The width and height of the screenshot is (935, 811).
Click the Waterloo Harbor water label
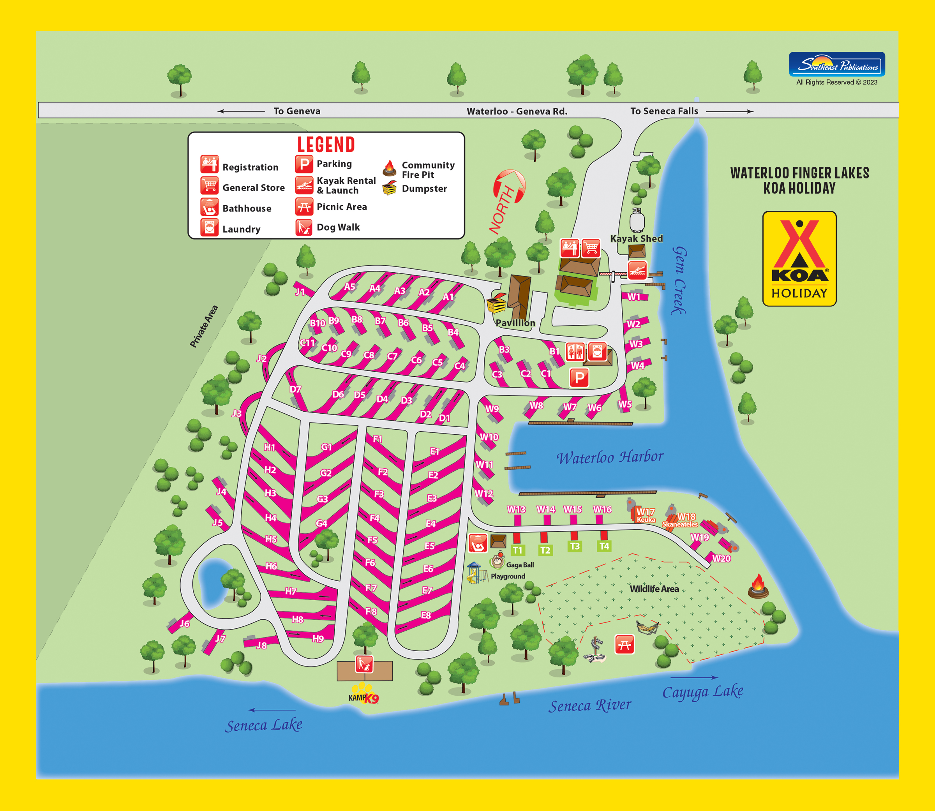(x=610, y=457)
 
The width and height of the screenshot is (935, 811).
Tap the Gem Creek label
(x=678, y=280)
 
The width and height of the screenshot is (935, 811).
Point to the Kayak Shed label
(x=636, y=238)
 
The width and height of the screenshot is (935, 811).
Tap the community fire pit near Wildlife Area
(x=758, y=586)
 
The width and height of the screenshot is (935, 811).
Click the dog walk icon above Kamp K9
(x=364, y=664)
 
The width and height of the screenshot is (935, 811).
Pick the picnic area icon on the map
(x=624, y=644)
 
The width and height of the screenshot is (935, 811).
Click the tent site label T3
(x=574, y=546)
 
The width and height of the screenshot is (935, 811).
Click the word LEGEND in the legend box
(x=326, y=145)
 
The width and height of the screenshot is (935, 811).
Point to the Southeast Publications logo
(x=837, y=65)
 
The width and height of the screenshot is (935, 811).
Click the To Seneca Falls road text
(x=664, y=111)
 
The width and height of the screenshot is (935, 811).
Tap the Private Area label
(x=204, y=326)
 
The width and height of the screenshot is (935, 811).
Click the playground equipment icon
(x=476, y=573)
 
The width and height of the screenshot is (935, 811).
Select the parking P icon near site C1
(x=579, y=377)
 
